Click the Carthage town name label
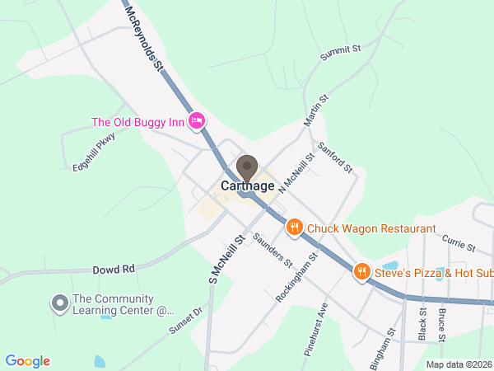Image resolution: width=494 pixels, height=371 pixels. (247, 186)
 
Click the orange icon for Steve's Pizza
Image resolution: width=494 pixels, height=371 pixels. (361, 272)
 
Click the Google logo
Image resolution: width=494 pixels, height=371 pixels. (27, 361)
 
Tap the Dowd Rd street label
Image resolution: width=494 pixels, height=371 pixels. (113, 269)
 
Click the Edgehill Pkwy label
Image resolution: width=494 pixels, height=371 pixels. (93, 151)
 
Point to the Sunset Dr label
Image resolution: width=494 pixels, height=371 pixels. (186, 321)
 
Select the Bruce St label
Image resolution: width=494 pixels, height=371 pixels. (442, 325)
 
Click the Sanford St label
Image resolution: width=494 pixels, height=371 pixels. (335, 156)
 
